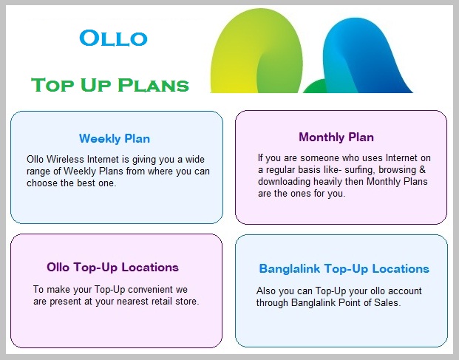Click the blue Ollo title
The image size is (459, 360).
(x=113, y=38)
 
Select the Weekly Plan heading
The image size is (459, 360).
(x=115, y=138)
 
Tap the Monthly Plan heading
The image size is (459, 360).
(x=336, y=137)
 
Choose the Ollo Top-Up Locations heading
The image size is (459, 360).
(x=112, y=267)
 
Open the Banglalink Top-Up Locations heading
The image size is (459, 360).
(x=344, y=268)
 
